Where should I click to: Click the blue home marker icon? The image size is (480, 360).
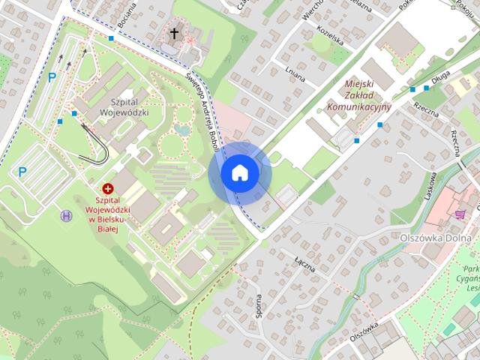(x=239, y=172)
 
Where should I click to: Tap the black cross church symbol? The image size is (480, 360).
(x=175, y=33)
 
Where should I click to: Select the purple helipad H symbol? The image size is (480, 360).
(x=67, y=215)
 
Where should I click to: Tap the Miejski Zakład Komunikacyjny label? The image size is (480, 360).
(x=359, y=95)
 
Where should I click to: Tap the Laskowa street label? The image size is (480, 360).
(x=432, y=183)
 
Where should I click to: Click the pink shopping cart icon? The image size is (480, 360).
(x=459, y=214)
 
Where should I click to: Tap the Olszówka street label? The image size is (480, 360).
(x=364, y=330)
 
